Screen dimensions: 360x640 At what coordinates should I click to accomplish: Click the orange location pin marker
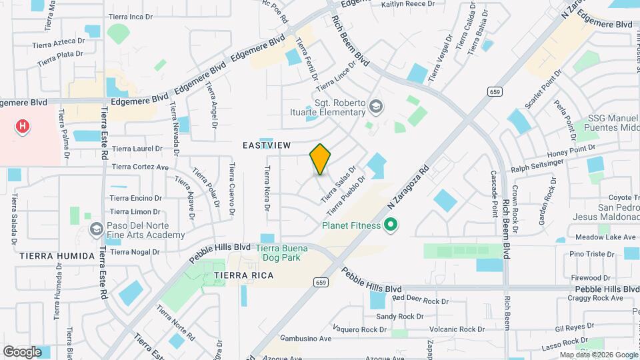pyautogui.click(x=321, y=159)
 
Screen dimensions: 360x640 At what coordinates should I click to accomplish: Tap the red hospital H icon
pyautogui.click(x=23, y=125)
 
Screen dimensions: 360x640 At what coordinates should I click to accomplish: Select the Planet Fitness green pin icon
pyautogui.click(x=391, y=225)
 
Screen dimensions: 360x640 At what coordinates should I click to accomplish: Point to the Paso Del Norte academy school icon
pyautogui.click(x=97, y=230)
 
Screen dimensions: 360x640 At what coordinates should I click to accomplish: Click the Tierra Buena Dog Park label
pyautogui.click(x=282, y=253)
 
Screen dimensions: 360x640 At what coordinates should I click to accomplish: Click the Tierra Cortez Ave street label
pyautogui.click(x=141, y=167)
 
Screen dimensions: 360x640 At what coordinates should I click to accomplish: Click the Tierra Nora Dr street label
pyautogui.click(x=267, y=189)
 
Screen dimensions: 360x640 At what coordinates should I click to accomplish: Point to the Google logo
pyautogui.click(x=22, y=351)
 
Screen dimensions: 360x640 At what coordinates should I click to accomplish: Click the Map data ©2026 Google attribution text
pyautogui.click(x=598, y=355)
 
